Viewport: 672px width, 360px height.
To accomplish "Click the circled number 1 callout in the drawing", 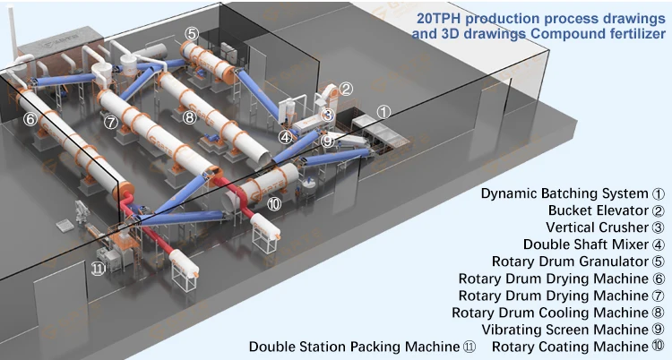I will point(383,112).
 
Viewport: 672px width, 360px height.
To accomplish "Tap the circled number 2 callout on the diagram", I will point(346,89).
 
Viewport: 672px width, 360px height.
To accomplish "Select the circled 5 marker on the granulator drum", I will point(192,33).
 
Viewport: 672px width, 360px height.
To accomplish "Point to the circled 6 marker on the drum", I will point(30,118).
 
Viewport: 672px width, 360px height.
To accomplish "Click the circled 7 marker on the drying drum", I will point(110,122).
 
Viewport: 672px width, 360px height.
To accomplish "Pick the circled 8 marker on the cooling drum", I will point(188,116).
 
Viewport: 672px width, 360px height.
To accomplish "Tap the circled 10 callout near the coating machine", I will point(274,204).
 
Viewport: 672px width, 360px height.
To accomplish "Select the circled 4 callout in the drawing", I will point(285,137).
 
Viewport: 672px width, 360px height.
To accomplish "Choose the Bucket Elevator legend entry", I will point(599,210).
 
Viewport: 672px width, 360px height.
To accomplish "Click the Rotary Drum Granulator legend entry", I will point(575,261).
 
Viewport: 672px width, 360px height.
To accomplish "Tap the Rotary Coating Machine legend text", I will point(570,347).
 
